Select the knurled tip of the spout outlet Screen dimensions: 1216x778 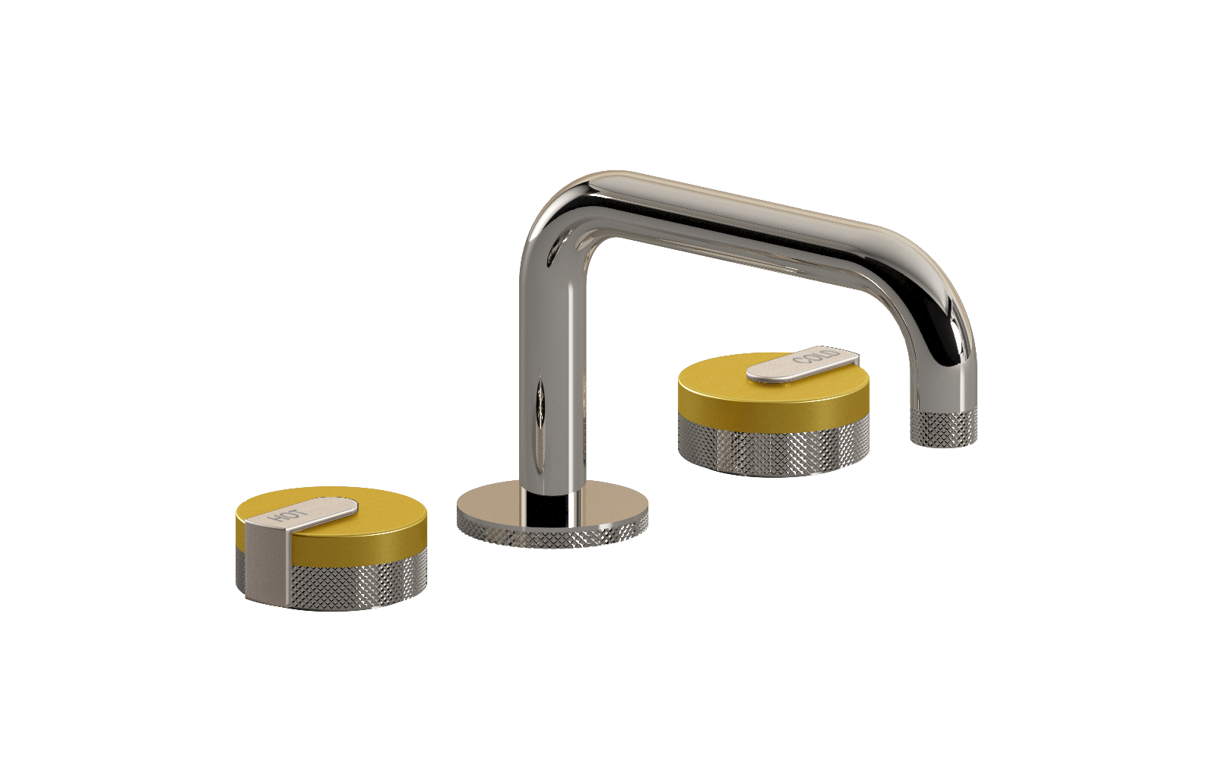coord(943,428)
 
